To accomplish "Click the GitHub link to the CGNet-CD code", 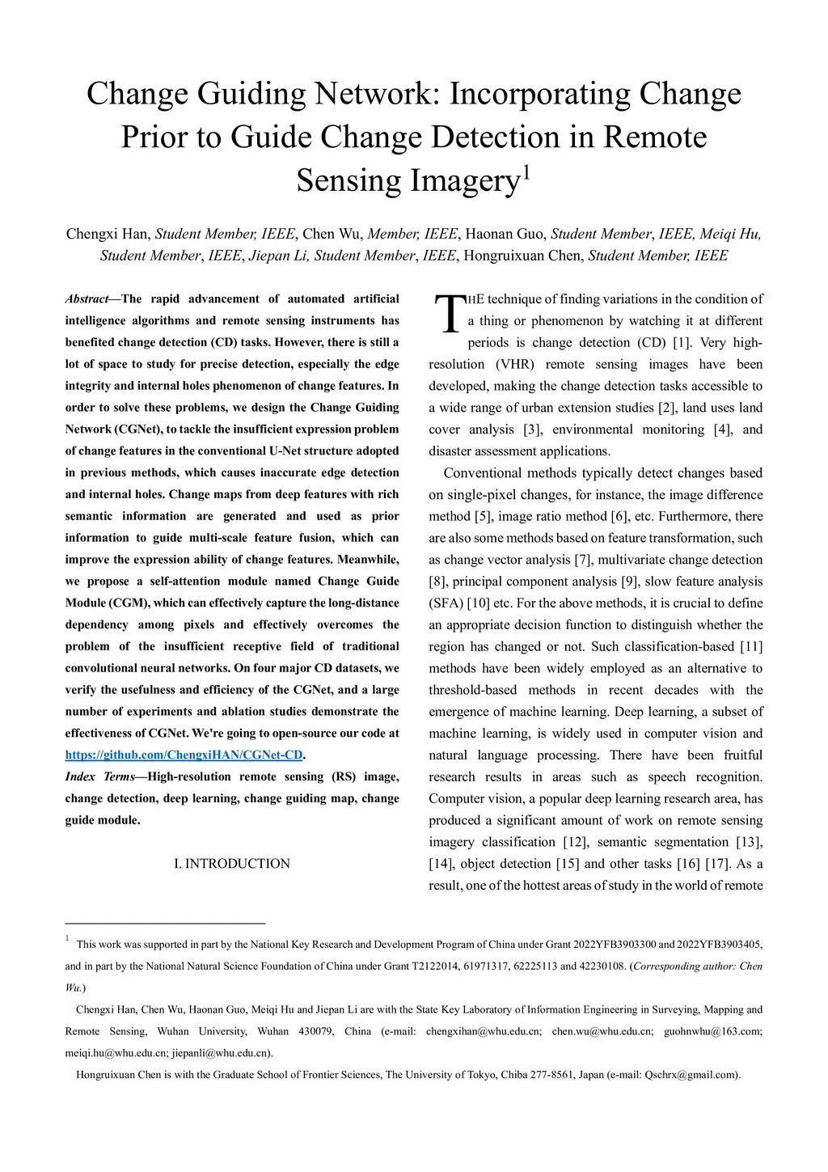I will point(184,755).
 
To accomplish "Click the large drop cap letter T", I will point(449,315).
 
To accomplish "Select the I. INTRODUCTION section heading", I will point(231,864).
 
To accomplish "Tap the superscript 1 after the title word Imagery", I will point(526,171).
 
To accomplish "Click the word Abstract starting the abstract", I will point(87,299).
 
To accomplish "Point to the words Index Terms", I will point(99,776).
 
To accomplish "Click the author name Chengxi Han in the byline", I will point(107,235).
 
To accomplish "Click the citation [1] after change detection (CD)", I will point(682,343).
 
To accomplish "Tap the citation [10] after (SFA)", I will point(479,603).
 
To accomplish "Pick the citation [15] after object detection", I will point(567,864).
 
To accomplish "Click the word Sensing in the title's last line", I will point(349,180).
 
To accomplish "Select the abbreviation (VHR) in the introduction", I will point(515,365).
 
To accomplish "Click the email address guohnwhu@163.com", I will point(712,1031).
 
